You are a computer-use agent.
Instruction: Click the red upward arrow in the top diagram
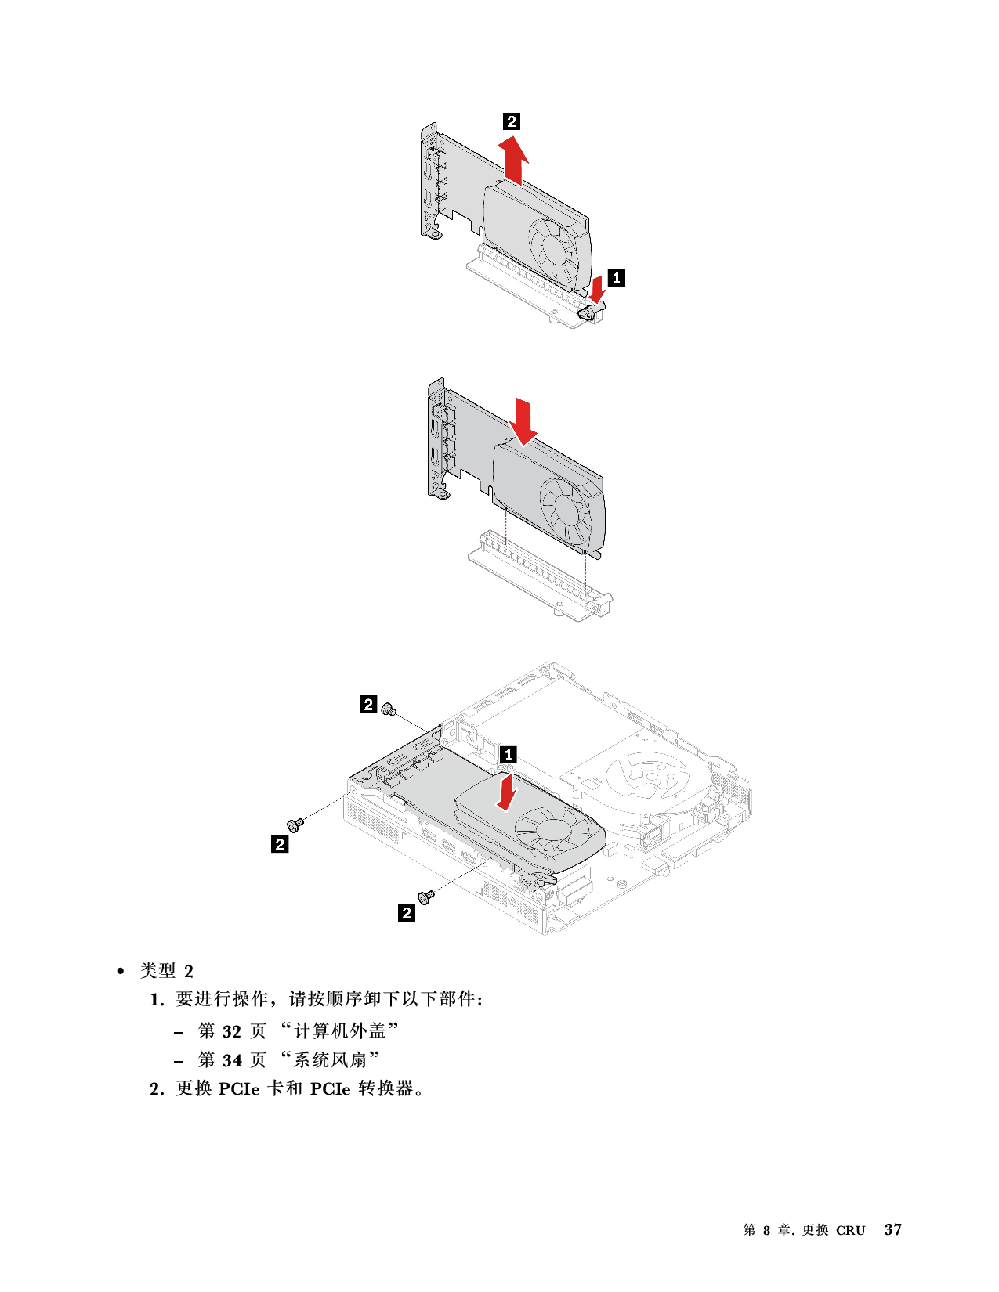pyautogui.click(x=513, y=160)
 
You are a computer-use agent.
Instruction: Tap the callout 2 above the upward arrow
pyautogui.click(x=512, y=121)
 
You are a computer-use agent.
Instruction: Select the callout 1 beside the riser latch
pyautogui.click(x=616, y=277)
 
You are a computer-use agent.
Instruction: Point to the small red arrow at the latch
pyautogui.click(x=597, y=288)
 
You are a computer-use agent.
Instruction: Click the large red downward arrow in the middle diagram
pyautogui.click(x=523, y=421)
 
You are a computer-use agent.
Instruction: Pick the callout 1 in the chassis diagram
pyautogui.click(x=508, y=755)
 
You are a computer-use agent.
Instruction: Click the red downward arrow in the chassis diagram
pyautogui.click(x=506, y=792)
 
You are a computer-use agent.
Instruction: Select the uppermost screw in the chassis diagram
pyautogui.click(x=389, y=709)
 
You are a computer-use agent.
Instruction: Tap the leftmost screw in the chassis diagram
pyautogui.click(x=295, y=825)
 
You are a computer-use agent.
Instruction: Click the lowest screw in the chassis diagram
pyautogui.click(x=426, y=896)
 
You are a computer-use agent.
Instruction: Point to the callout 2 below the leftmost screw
pyautogui.click(x=280, y=844)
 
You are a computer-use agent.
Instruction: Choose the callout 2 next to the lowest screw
pyautogui.click(x=407, y=913)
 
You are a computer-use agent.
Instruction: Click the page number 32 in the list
pyautogui.click(x=231, y=1031)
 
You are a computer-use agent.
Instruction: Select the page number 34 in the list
pyautogui.click(x=232, y=1061)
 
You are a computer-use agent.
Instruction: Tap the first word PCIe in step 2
pyautogui.click(x=239, y=1089)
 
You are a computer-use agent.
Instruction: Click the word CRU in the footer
pyautogui.click(x=850, y=1231)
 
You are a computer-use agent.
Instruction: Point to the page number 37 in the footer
pyautogui.click(x=892, y=1230)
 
